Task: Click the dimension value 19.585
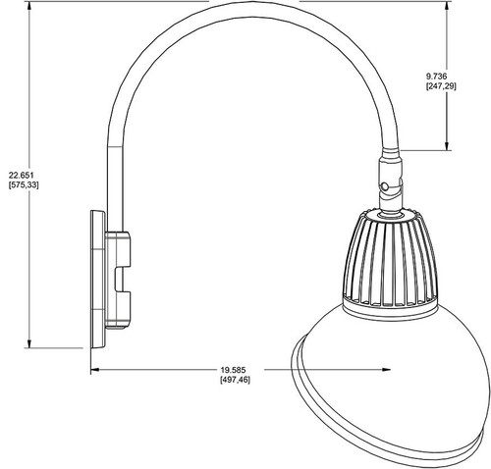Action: [236, 370]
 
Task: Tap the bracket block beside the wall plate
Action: [121, 278]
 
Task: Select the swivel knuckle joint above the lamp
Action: [387, 182]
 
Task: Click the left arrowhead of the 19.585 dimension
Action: [95, 370]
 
